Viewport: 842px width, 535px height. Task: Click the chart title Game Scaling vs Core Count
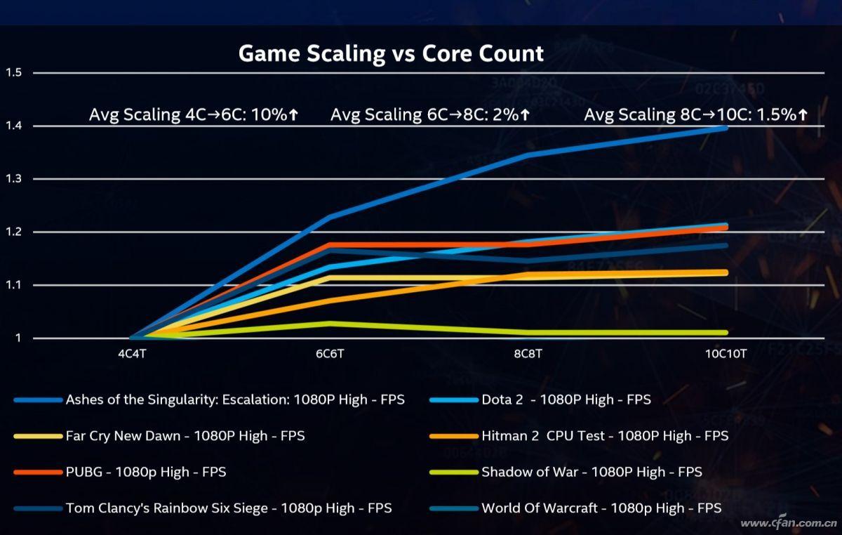(x=391, y=53)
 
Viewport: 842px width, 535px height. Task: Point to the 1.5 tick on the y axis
(x=14, y=72)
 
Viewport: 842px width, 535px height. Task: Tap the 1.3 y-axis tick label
(x=14, y=179)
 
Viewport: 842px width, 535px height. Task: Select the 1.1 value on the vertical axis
(x=14, y=285)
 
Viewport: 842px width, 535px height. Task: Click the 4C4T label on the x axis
(x=133, y=355)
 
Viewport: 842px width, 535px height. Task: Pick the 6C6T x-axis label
(x=330, y=355)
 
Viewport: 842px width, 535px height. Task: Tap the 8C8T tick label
(x=528, y=355)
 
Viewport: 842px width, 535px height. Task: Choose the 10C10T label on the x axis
(x=726, y=355)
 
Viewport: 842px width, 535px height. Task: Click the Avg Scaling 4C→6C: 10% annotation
(x=194, y=115)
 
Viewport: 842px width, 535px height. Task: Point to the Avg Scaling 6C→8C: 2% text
(x=430, y=115)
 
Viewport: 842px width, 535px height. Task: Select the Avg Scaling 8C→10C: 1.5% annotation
(x=695, y=115)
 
